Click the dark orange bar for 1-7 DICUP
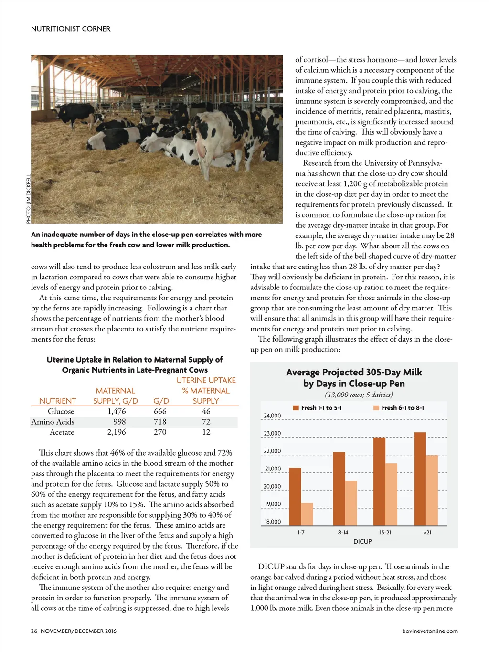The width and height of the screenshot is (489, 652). tap(295, 497)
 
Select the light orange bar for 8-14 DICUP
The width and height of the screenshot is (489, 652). tap(351, 503)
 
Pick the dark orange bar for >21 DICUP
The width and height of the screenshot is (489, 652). tap(420, 479)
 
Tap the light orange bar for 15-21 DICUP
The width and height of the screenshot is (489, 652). tap(391, 494)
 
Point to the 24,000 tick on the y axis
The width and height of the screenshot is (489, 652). tap(272, 416)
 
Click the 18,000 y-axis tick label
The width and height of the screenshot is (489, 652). tap(273, 522)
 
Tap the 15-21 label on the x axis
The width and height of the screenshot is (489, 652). tap(385, 532)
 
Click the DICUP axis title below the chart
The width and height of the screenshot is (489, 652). tap(362, 541)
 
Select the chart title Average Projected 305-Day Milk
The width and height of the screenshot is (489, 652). tap(354, 372)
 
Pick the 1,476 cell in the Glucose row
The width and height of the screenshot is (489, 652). tap(117, 411)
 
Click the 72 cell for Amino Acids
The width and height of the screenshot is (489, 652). tap(206, 422)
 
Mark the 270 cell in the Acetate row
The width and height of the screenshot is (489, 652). tap(160, 432)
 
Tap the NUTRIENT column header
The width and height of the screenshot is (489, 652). tap(57, 401)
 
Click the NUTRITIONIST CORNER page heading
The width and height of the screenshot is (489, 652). tap(71, 29)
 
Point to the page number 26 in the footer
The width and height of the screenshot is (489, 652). tap(34, 631)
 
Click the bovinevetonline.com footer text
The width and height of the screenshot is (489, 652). tap(430, 631)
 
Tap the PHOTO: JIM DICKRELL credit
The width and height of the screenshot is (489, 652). tap(28, 198)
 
